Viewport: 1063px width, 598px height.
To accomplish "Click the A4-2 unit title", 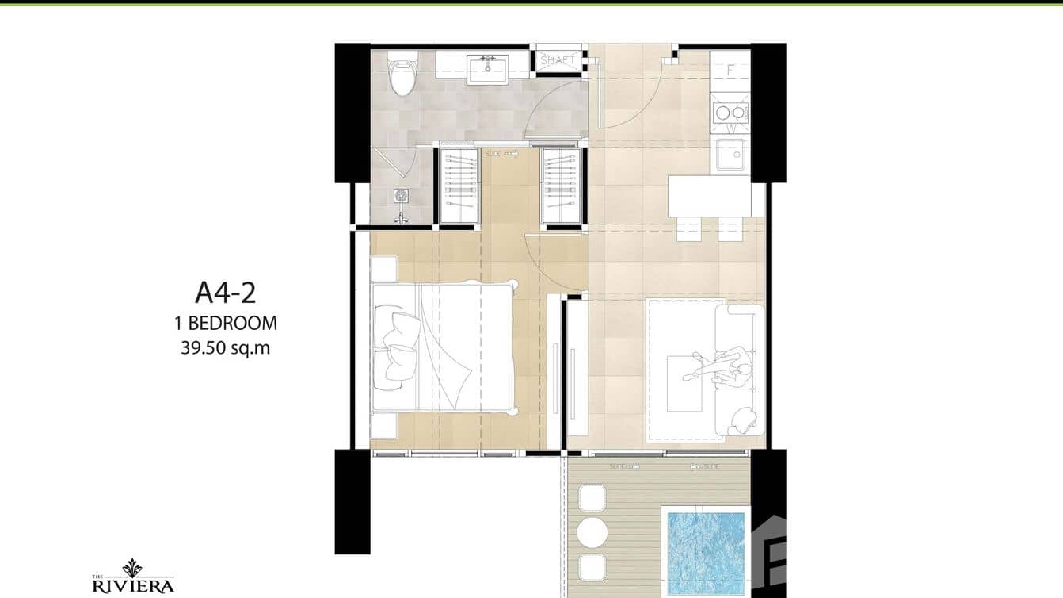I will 225,293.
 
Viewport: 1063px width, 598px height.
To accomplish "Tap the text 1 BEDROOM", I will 225,323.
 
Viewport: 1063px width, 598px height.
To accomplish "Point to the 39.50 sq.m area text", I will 225,347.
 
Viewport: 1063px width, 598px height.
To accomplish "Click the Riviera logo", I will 133,578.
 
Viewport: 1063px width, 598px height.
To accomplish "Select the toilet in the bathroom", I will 402,74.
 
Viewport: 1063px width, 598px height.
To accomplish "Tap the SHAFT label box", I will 558,60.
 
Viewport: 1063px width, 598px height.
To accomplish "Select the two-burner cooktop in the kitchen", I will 730,113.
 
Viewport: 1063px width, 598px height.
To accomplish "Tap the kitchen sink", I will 730,155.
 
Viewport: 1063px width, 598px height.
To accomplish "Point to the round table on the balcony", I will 591,531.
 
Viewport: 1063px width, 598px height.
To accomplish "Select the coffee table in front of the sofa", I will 684,384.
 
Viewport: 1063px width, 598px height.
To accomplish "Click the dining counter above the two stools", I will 709,196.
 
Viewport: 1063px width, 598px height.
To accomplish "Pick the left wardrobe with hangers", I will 459,186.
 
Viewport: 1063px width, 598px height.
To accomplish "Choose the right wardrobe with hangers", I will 562,186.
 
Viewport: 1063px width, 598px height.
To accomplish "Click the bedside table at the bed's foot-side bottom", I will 384,425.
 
